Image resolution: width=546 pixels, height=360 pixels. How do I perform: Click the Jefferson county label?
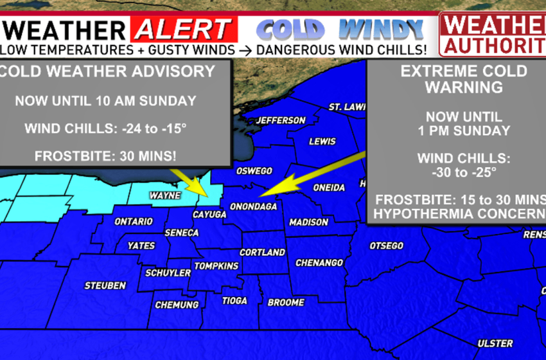[x=281, y=120]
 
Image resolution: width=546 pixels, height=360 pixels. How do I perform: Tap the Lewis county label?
[x=322, y=141]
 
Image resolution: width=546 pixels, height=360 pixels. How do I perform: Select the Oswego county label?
[x=255, y=171]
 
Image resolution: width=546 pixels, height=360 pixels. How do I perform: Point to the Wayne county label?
[x=164, y=195]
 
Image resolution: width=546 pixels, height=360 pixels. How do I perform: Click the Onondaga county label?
[x=254, y=206]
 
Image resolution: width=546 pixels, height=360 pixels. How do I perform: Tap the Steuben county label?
[x=105, y=285]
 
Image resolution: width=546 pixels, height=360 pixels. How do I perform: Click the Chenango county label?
[x=319, y=262]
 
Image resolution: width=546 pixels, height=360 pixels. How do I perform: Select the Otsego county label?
[x=386, y=246]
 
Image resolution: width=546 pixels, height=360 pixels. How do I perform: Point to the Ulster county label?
[x=495, y=343]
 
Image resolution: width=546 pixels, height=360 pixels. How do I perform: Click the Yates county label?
[x=141, y=245]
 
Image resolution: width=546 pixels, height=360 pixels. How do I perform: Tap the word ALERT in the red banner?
[x=183, y=29]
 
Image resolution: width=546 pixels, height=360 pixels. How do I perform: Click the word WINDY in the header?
[x=382, y=29]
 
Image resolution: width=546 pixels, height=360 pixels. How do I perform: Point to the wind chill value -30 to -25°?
[x=455, y=172]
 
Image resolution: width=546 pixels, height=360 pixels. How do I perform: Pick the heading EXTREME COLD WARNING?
[x=455, y=78]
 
